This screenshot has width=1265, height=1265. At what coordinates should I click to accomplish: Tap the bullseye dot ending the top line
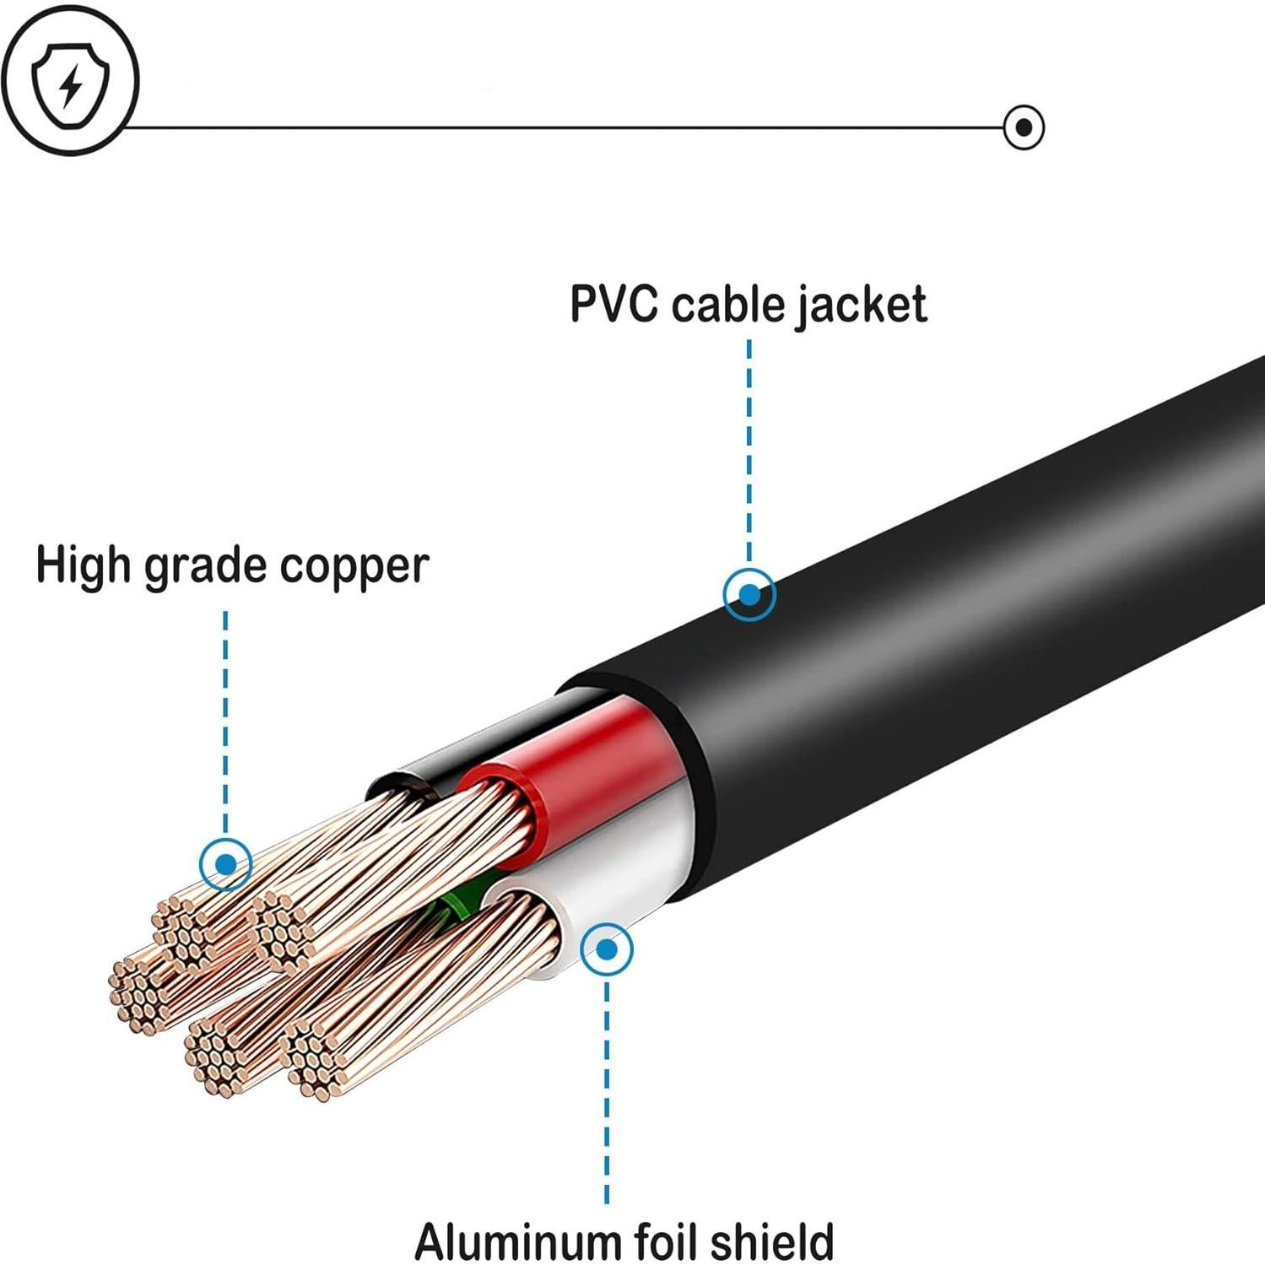tap(1024, 127)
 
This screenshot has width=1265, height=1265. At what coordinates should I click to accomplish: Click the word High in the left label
tap(82, 565)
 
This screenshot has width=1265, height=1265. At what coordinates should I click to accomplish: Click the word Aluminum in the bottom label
tap(517, 1241)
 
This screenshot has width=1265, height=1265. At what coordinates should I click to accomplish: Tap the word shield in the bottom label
tap(771, 1241)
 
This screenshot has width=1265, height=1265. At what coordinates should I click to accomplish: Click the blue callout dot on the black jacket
tap(749, 595)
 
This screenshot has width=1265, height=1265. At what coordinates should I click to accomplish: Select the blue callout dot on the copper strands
tap(225, 864)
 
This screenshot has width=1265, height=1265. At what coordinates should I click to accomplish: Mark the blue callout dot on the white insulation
tap(606, 949)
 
